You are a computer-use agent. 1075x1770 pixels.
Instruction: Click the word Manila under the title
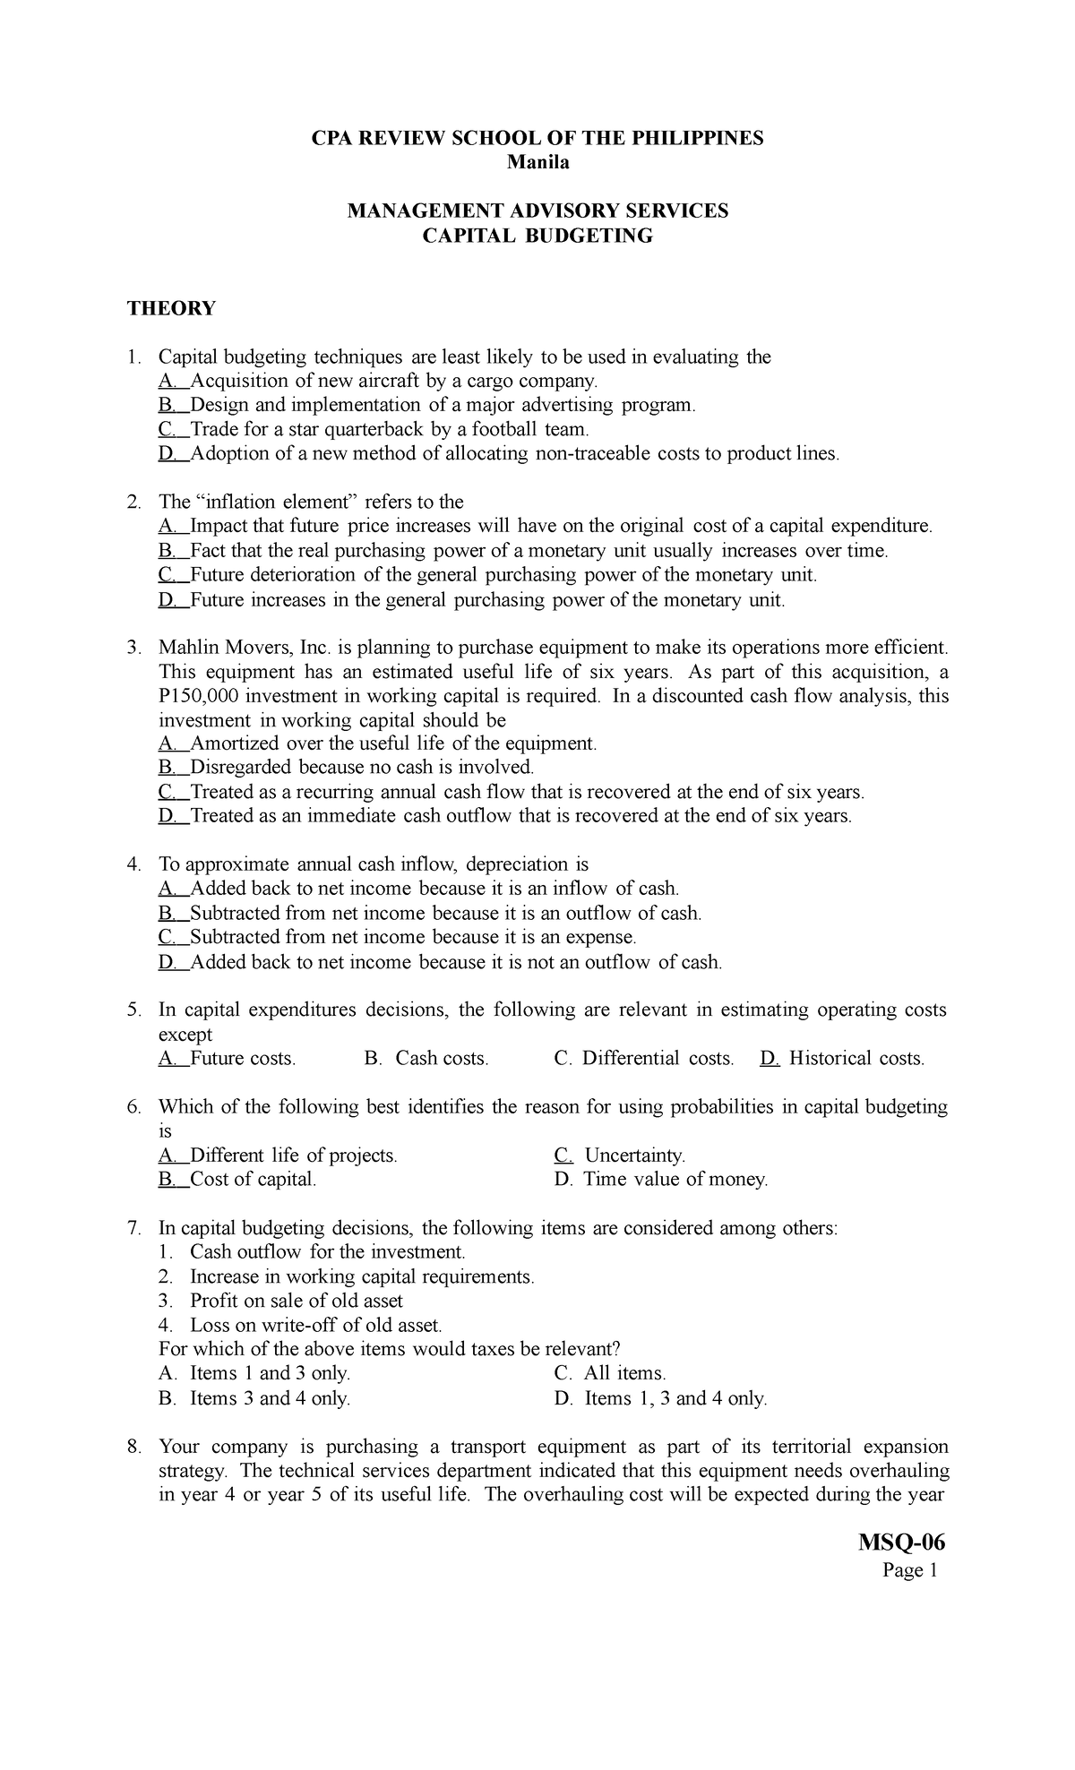537,163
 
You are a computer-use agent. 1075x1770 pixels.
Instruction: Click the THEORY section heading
171,309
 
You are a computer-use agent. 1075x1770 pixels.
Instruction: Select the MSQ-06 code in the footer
903,1543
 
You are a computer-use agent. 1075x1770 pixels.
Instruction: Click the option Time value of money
675,1180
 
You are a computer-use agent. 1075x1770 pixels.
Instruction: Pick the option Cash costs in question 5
442,1059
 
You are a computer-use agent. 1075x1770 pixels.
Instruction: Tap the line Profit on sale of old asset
296,1301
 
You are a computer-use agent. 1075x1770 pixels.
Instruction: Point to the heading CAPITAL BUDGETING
537,236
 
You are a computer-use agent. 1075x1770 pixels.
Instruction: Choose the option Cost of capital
253,1180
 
